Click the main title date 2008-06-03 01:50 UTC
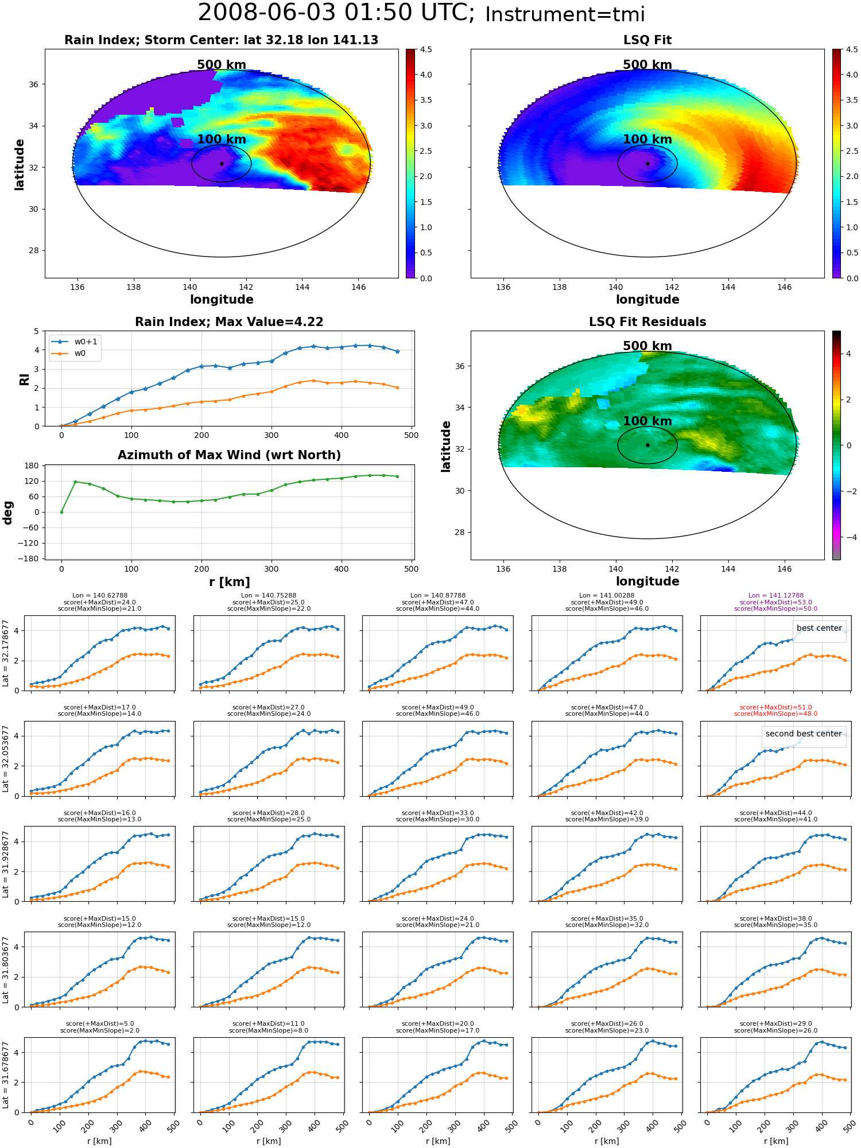(336, 13)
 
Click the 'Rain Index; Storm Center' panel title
(221, 40)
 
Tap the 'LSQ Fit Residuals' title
(647, 322)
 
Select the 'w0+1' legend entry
(86, 342)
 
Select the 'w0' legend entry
(80, 354)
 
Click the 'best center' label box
(819, 628)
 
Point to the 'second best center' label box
(804, 734)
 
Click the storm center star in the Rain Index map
(222, 164)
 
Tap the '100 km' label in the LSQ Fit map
(647, 139)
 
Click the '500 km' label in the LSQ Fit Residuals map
(647, 346)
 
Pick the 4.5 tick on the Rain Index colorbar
(426, 49)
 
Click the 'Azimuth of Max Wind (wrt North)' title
(229, 455)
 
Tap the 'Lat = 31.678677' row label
(6, 1075)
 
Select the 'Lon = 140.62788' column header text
(100, 596)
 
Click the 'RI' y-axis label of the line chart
(24, 379)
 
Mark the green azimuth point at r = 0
(61, 512)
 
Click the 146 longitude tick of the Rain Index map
(358, 287)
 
